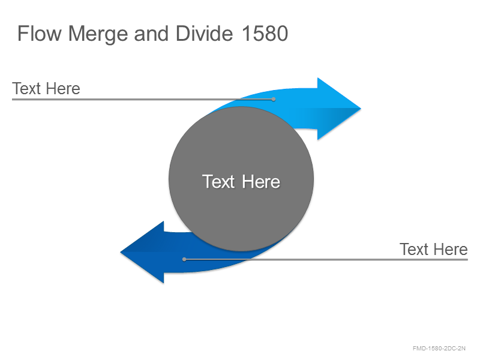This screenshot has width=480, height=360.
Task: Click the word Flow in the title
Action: (x=40, y=33)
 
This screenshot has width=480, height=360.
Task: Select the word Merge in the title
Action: (x=98, y=34)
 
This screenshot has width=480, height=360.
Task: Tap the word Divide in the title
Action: (x=204, y=33)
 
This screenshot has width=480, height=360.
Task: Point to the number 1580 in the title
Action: (x=265, y=33)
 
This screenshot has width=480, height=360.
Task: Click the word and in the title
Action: (x=151, y=33)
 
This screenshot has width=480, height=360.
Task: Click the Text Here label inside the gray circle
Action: (x=241, y=181)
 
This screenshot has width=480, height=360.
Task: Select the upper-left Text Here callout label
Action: (x=46, y=88)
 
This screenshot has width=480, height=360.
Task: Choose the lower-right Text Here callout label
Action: (x=433, y=249)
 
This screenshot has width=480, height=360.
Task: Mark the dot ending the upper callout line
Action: (x=274, y=99)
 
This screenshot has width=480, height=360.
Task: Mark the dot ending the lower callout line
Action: (x=184, y=259)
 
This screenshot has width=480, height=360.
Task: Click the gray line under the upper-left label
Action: (x=143, y=99)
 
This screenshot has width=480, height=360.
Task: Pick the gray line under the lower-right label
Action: (x=326, y=259)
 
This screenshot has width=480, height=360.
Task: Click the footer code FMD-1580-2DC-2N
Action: (x=439, y=349)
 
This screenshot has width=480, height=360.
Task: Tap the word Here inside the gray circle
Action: (x=261, y=181)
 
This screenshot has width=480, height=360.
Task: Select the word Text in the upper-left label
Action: (x=26, y=88)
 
